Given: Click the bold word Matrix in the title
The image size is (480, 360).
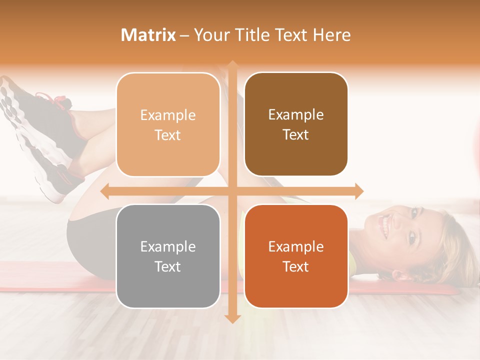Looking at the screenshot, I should coord(148,35).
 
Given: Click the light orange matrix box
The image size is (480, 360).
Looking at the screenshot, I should coord(168,124).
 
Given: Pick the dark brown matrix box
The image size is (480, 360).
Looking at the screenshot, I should coord(296,124).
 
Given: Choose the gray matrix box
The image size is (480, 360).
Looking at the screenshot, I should coord(168,256).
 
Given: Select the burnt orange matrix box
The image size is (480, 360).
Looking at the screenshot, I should coord(296,256).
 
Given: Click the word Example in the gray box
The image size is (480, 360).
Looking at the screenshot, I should coord(168,246).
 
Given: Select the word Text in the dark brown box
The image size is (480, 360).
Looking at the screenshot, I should coord(296,135).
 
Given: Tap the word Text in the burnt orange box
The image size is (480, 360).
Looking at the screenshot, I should coord(296,267).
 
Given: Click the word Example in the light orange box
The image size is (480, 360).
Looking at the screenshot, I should coord(168,115).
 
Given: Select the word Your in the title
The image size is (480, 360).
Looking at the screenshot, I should coord(210,35).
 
